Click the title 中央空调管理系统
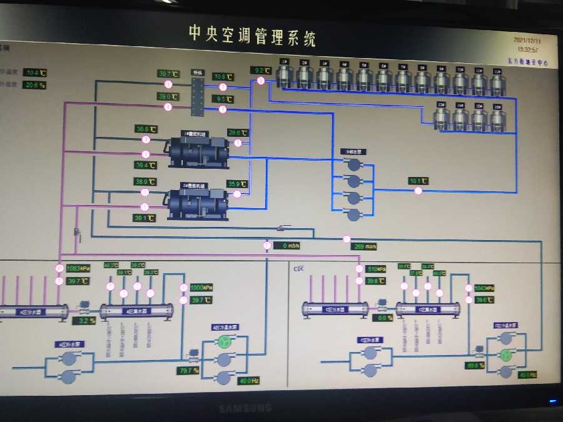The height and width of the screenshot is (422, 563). coord(252,36)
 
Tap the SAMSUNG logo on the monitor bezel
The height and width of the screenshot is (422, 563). coord(245,408)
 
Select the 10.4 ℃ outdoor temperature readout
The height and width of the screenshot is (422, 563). coord(35,73)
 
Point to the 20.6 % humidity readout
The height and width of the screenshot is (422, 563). coord(35,85)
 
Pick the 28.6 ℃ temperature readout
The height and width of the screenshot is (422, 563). coord(238,133)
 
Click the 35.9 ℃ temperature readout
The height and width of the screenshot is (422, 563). coord(238,184)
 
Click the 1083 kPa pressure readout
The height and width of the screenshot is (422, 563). coord(78,268)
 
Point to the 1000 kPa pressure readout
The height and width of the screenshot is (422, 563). coord(201,288)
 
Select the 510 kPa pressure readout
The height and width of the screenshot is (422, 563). coord(377,269)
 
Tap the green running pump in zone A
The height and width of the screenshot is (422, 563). coord(223,341)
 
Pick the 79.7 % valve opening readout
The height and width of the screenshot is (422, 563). coord(188,371)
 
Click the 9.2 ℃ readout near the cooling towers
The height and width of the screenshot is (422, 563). coord(260,70)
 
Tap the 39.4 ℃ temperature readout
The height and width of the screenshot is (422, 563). coord(145,165)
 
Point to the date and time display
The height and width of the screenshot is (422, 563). coord(527,44)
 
